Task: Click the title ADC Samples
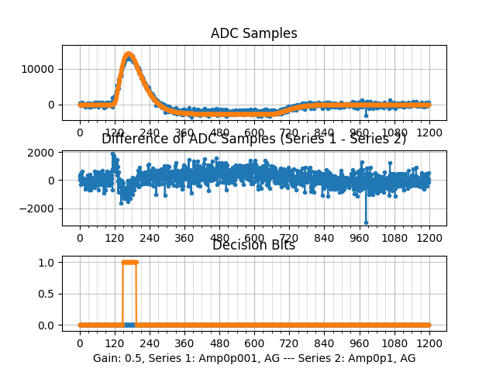[253, 33]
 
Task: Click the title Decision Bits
[253, 245]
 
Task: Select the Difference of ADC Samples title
[253, 139]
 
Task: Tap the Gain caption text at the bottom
[253, 358]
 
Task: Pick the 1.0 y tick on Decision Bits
[48, 262]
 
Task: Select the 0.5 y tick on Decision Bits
[48, 294]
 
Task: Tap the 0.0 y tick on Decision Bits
[48, 325]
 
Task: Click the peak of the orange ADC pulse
[129, 55]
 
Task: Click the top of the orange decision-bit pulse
[129, 262]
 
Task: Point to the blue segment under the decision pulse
[129, 325]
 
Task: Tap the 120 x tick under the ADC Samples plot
[115, 133]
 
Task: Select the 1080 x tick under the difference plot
[394, 238]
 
